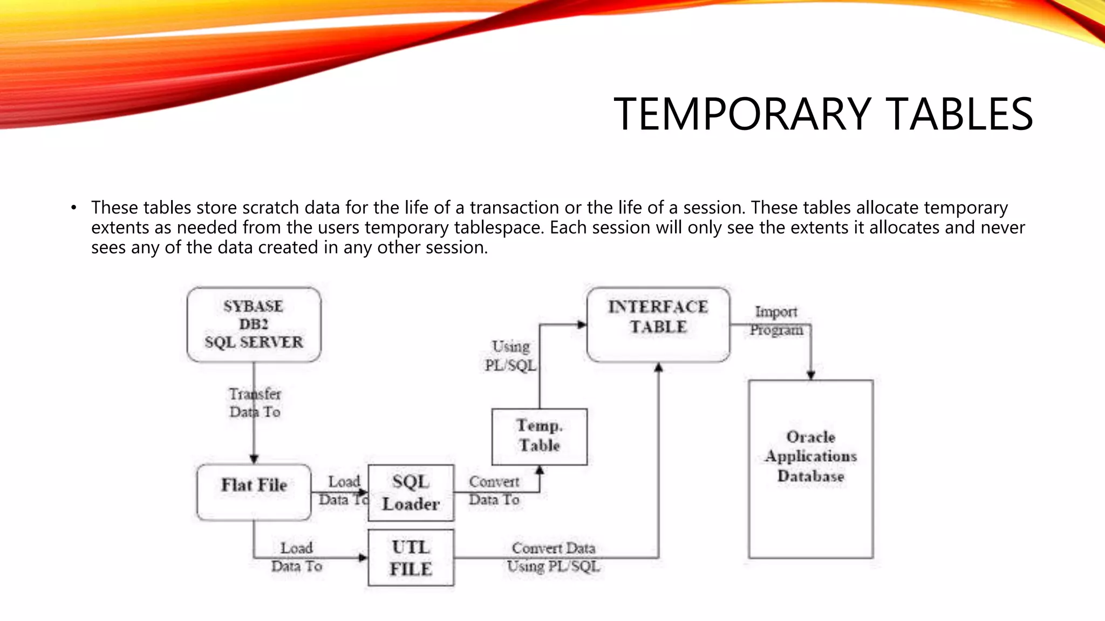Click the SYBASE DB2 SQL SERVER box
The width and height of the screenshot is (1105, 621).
pos(254,324)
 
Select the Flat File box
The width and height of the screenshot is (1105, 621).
pos(254,492)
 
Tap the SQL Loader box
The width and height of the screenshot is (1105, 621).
pos(411,493)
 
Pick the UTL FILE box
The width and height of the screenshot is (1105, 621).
pos(411,558)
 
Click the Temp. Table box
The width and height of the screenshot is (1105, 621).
pos(539,436)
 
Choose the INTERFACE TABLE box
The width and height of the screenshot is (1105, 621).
pos(658,324)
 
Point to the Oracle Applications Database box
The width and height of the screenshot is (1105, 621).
pos(810,469)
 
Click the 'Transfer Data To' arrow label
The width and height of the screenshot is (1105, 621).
pos(255,403)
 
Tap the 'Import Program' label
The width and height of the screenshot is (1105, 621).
pos(776,321)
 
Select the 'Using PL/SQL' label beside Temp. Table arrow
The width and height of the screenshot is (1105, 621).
pos(510,356)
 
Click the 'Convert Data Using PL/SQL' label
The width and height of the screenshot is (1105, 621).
pos(554,557)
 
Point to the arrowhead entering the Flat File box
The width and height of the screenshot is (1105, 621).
pos(254,459)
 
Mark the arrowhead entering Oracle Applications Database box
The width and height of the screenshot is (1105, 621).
pos(810,375)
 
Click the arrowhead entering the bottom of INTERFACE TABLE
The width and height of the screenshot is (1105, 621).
pos(658,368)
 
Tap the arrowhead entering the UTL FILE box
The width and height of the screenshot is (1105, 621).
pos(363,557)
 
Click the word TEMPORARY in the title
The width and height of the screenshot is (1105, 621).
pos(742,114)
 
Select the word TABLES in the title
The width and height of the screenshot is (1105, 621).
pos(960,114)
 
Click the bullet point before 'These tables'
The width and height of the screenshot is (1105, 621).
pos(74,208)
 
